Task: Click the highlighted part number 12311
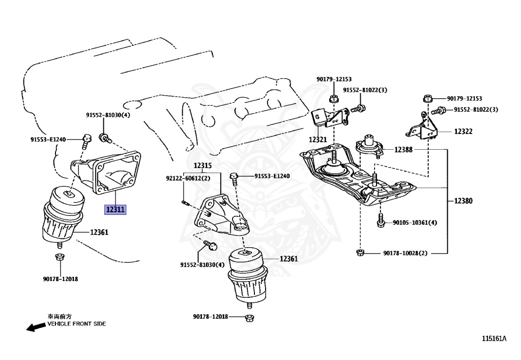click(114, 209)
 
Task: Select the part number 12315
click(202, 166)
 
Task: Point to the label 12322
click(463, 131)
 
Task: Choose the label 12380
click(463, 201)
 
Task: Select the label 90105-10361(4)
click(415, 223)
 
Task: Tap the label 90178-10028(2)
click(406, 253)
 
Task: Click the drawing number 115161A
click(495, 338)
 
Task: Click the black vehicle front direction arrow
click(36, 327)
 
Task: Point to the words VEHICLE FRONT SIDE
click(77, 324)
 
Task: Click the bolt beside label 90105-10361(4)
click(381, 222)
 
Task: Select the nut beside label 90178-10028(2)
click(360, 253)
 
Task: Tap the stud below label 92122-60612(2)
click(185, 204)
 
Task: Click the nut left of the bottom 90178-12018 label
click(249, 318)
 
